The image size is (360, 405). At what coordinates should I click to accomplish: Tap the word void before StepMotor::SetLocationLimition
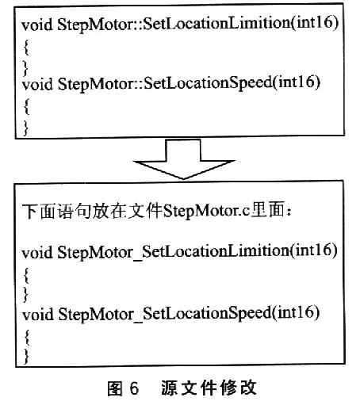[x=37, y=25]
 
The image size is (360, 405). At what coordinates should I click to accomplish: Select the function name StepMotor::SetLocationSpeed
[x=165, y=84]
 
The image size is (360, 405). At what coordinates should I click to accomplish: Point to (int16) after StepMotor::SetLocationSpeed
[x=296, y=82]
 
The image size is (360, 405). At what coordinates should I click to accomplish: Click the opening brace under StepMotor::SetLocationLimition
[x=26, y=48]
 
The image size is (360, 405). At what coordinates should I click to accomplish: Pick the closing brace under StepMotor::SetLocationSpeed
[x=26, y=128]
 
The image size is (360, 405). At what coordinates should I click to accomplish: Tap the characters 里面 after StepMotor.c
[x=267, y=211]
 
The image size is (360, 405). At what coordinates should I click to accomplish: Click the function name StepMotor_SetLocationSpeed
[x=164, y=314]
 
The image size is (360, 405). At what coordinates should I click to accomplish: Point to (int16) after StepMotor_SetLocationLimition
[x=313, y=250]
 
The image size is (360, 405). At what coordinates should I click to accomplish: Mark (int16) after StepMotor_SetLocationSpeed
[x=295, y=312]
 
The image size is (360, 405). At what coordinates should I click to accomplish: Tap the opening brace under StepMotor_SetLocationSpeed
[x=26, y=337]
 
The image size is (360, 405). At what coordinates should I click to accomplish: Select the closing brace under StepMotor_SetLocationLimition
[x=26, y=294]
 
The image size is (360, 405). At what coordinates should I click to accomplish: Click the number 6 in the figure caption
[x=134, y=388]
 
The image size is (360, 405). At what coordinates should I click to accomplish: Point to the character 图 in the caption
[x=115, y=388]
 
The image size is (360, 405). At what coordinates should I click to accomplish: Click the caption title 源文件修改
[x=209, y=388]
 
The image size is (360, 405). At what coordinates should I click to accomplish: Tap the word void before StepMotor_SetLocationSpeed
[x=38, y=315]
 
